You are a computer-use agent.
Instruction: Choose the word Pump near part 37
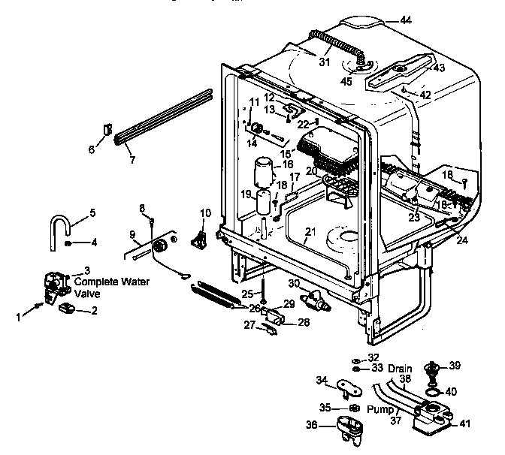tap(381, 410)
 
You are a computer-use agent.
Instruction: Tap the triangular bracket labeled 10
tap(200, 238)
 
